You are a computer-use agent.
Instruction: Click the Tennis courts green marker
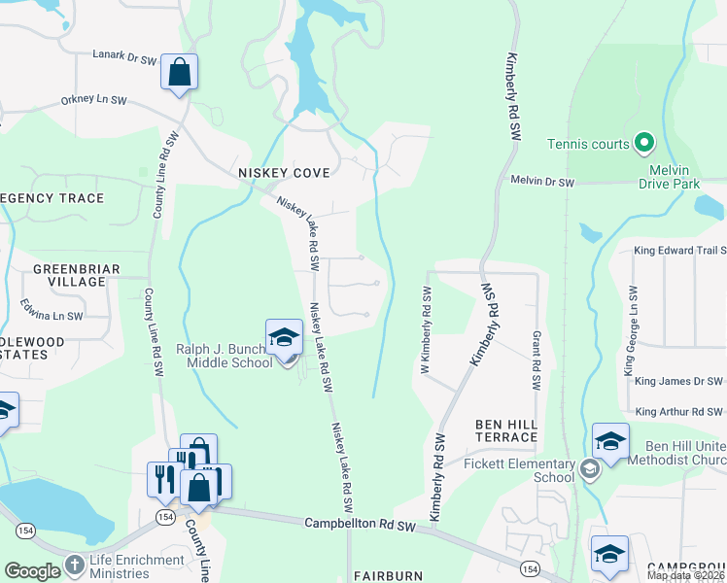(643, 144)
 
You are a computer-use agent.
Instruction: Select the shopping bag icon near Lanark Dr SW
(179, 72)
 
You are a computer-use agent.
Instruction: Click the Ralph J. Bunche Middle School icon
(284, 338)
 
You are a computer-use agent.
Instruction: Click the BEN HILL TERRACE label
(505, 430)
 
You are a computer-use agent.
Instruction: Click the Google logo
(32, 570)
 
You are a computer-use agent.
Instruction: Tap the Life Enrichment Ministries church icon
(74, 565)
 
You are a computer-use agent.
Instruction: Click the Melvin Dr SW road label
(542, 182)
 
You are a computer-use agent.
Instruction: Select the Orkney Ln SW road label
(93, 99)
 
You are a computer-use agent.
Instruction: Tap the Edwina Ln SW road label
(52, 310)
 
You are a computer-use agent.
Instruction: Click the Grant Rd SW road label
(536, 360)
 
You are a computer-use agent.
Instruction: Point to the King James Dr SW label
(679, 381)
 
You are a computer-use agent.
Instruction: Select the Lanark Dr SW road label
(124, 57)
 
